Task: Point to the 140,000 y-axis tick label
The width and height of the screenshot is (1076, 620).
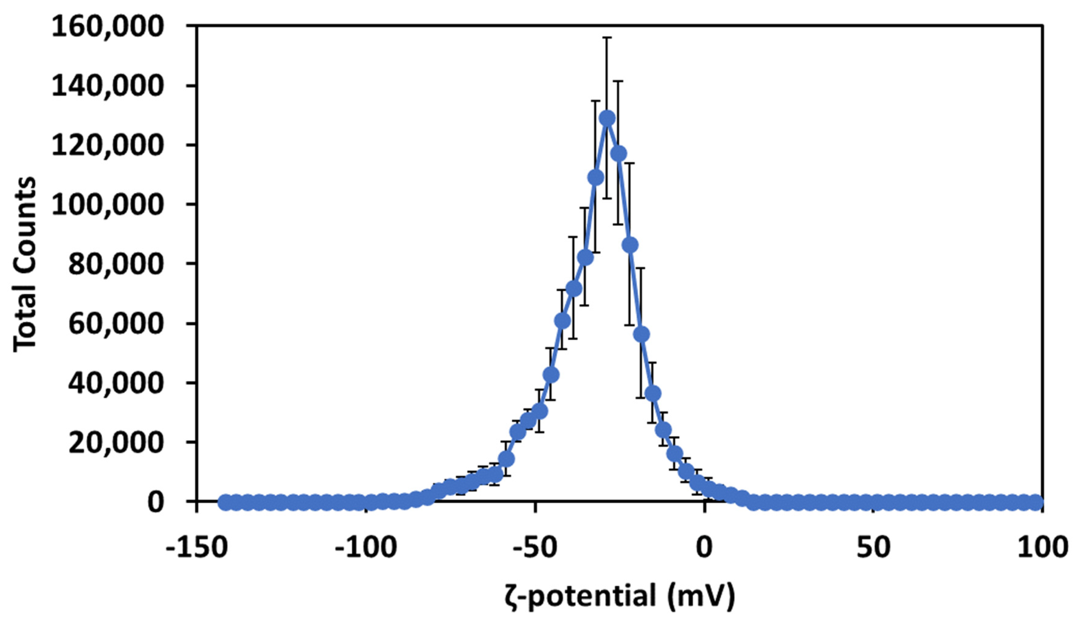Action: (107, 86)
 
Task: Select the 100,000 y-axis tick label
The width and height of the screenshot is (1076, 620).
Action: (107, 205)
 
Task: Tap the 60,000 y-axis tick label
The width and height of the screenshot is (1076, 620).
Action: (116, 324)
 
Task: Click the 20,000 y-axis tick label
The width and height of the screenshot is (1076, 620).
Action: (116, 443)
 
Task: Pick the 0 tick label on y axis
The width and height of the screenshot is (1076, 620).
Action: (156, 503)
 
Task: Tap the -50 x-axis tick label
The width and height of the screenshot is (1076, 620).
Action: (535, 548)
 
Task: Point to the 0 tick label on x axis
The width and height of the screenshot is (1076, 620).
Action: (705, 548)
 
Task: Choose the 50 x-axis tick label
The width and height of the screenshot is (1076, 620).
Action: (874, 548)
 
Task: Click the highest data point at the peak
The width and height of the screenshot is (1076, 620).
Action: (607, 118)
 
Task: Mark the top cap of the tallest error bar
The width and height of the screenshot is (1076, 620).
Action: (607, 38)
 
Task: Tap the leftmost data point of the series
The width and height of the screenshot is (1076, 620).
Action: (225, 503)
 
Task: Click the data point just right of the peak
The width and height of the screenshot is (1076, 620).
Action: (618, 153)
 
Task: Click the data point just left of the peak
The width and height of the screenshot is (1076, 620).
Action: (596, 177)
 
